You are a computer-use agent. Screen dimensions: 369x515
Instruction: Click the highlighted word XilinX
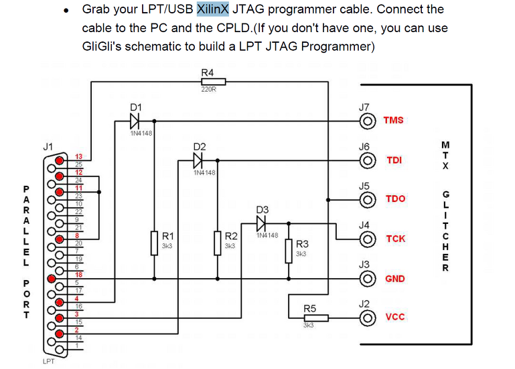(x=213, y=9)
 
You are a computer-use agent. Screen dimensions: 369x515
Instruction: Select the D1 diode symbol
(x=135, y=121)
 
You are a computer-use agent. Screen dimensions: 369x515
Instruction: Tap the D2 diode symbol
(x=198, y=160)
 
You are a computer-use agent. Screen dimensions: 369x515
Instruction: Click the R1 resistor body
(x=155, y=242)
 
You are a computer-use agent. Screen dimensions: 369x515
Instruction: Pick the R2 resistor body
(x=218, y=242)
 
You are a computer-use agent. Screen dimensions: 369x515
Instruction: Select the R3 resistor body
(x=289, y=250)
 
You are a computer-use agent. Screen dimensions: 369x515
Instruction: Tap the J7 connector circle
(x=367, y=121)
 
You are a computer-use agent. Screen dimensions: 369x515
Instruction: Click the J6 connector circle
(x=367, y=160)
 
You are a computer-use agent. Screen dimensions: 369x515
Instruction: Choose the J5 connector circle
(x=367, y=199)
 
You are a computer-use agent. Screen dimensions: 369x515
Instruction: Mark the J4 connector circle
(x=367, y=239)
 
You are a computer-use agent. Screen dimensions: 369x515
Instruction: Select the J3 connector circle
(x=367, y=278)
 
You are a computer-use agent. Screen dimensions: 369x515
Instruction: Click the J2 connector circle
(x=367, y=317)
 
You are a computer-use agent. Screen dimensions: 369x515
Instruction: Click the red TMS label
(x=393, y=121)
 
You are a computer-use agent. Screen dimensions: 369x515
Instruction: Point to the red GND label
(x=395, y=278)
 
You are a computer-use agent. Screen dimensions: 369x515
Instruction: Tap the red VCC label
(x=395, y=317)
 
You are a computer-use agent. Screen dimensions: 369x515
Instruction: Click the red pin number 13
(x=78, y=156)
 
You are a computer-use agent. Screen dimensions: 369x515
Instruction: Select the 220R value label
(x=208, y=90)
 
